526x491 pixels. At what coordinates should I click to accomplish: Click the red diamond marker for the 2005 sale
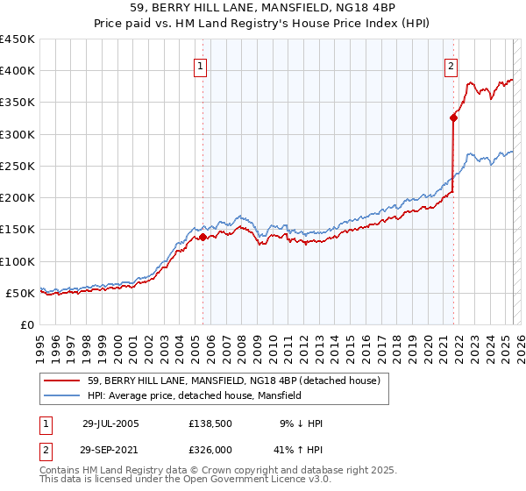coord(203,237)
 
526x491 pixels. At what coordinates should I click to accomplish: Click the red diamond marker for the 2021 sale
coord(453,117)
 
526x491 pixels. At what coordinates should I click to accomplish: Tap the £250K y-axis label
coord(18,166)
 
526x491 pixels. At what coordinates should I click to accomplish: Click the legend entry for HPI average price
coord(194,395)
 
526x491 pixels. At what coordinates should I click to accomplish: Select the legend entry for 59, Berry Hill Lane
coord(233,381)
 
